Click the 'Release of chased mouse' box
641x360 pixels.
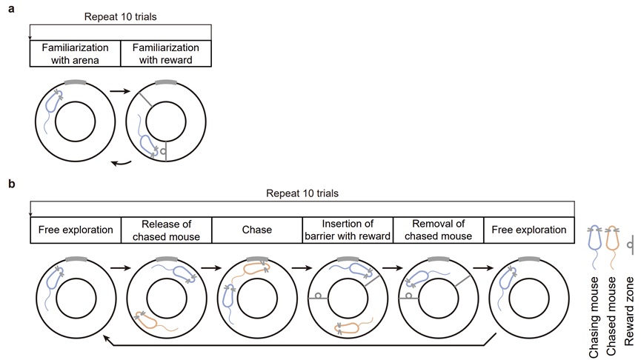[166, 230]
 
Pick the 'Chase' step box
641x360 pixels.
[257, 230]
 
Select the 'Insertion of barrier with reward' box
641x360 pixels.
[348, 230]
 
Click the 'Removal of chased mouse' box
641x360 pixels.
[438, 230]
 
